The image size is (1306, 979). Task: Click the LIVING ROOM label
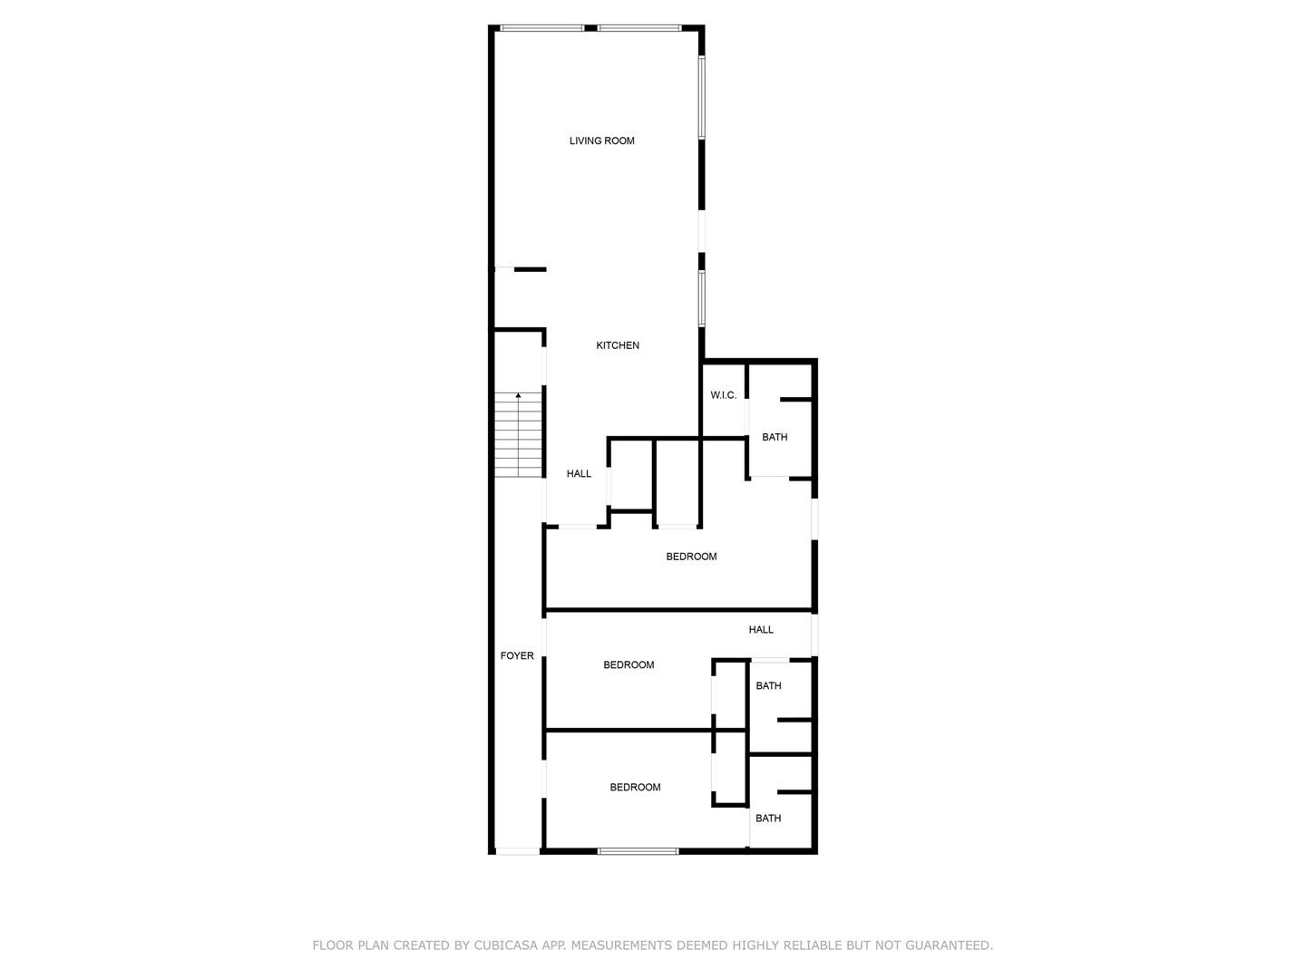[601, 141]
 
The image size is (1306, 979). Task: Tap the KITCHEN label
[618, 345]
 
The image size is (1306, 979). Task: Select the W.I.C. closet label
[723, 395]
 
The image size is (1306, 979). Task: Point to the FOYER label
[517, 655]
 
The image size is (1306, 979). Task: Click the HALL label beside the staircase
[579, 474]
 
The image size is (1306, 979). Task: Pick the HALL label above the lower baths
[760, 629]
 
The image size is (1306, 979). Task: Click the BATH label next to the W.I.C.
[775, 437]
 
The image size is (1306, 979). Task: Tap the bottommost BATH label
[768, 818]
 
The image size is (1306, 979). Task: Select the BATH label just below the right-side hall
[768, 685]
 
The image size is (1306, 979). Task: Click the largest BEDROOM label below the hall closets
[691, 557]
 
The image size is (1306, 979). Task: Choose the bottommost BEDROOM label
[635, 787]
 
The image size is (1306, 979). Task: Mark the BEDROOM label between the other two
[629, 664]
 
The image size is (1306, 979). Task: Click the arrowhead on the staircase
[518, 395]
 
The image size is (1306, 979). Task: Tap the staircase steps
[518, 434]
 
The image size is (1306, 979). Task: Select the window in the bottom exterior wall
[638, 851]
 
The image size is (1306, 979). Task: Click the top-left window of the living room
[541, 28]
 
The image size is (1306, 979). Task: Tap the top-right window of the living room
[639, 28]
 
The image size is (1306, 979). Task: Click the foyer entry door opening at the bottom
[518, 851]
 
